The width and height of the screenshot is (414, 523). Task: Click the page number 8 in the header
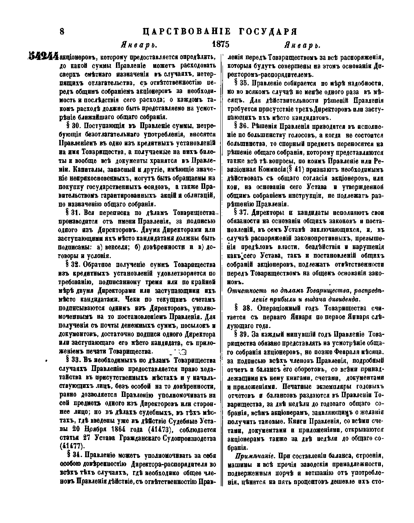click(x=62, y=32)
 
